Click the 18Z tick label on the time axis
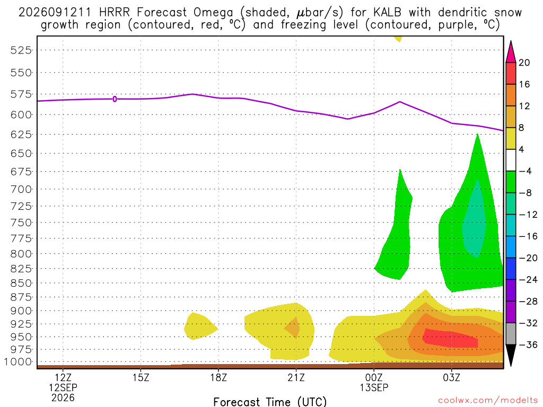click(218, 377)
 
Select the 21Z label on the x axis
click(296, 377)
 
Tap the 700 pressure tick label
click(21, 189)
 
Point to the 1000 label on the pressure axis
click(18, 362)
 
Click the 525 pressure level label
click(21, 50)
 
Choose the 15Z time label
click(141, 377)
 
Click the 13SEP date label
click(374, 387)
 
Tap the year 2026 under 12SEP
click(63, 397)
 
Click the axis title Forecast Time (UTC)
click(270, 402)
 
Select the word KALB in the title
click(387, 13)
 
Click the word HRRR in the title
click(115, 13)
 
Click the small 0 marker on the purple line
click(115, 99)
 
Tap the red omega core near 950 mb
click(450, 338)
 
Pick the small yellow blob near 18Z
click(200, 326)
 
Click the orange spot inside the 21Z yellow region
click(293, 327)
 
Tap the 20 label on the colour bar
click(524, 63)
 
